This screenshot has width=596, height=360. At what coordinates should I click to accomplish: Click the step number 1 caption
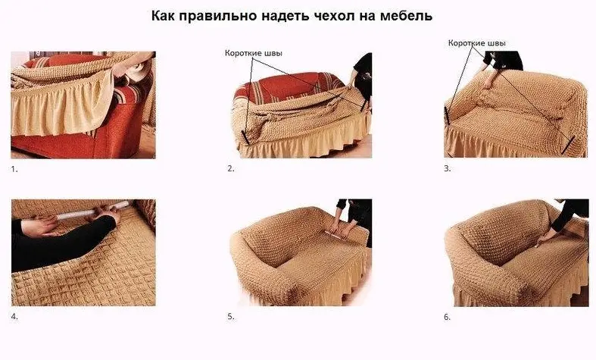tap(14, 169)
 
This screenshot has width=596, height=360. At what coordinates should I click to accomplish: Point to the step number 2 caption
tap(231, 169)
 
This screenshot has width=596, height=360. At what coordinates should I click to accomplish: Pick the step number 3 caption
tap(448, 169)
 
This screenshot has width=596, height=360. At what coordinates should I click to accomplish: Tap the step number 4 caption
tap(14, 317)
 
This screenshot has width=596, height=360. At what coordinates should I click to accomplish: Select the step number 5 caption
tap(231, 317)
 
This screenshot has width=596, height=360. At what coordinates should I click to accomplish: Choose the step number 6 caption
tap(448, 317)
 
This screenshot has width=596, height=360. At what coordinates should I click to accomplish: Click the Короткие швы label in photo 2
tap(255, 54)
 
